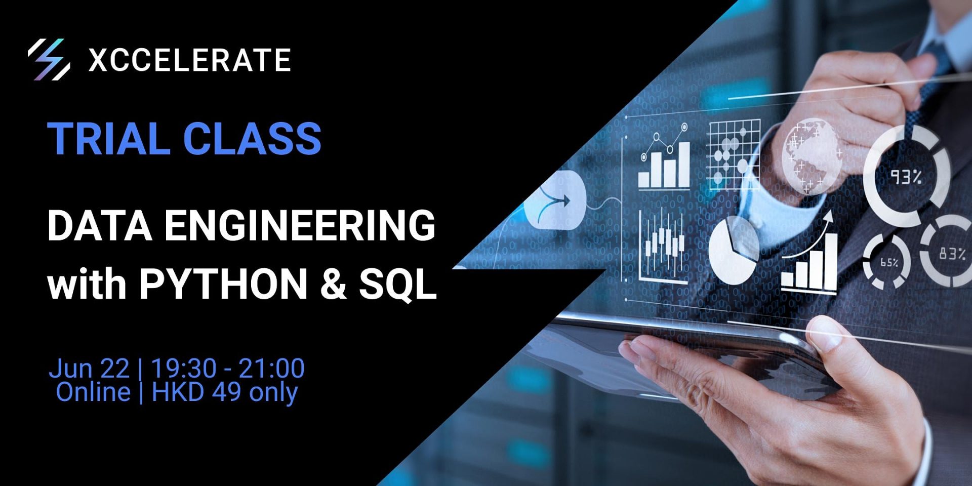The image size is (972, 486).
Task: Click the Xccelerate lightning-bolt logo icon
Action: point(49,59)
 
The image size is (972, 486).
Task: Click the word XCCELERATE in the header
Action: point(190,60)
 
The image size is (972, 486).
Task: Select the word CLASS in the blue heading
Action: point(252,138)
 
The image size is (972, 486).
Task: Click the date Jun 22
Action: point(89,369)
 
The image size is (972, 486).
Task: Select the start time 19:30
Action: point(184,368)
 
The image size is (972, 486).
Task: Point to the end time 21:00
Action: point(271,368)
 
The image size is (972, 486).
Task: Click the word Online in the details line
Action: point(93,392)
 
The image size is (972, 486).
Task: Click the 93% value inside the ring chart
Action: point(906,177)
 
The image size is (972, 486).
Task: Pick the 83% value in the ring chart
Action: point(952,253)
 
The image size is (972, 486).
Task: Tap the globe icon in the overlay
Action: point(813,155)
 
